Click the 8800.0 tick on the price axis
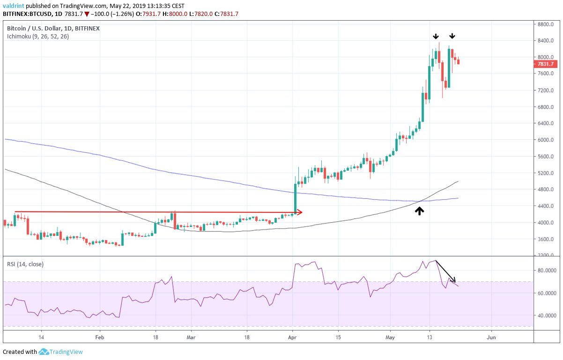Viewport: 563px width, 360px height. (546, 24)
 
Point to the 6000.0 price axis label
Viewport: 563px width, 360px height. (546, 140)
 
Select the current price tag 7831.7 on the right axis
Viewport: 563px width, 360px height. (546, 64)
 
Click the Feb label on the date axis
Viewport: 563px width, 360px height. (99, 337)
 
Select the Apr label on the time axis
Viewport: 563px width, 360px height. (292, 337)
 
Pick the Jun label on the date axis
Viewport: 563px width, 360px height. (491, 337)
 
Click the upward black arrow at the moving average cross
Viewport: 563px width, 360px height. (419, 211)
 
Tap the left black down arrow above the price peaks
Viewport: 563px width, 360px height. (436, 36)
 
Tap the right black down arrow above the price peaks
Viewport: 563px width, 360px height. (452, 36)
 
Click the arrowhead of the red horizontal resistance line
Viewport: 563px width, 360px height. (300, 212)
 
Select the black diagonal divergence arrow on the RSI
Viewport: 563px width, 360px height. (445, 271)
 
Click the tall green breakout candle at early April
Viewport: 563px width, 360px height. (295, 197)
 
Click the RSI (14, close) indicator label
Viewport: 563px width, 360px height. (25, 264)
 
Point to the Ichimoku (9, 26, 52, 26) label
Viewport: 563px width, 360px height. (38, 36)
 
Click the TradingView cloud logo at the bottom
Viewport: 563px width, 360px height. (44, 352)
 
